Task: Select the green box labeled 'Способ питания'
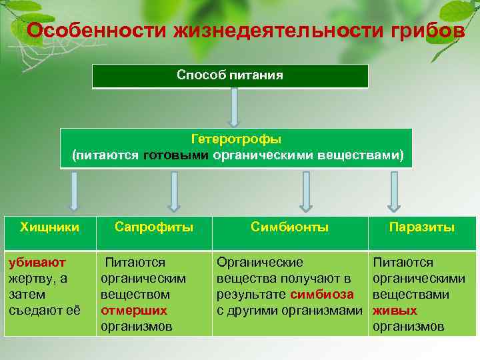pos(230,76)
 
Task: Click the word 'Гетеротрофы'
pos(236,139)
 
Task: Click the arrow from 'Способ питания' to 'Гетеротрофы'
pos(234,107)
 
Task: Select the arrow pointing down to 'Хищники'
pos(74,191)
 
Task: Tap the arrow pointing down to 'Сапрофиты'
pos(174,191)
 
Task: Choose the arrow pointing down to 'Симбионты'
pos(307,191)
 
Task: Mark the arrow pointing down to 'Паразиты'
pos(394,191)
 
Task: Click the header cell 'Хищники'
pos(49,227)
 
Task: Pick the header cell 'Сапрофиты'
pos(154,227)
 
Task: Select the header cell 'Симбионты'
pos(289,227)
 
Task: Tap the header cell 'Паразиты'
pos(422,227)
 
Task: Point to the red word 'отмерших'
pos(134,311)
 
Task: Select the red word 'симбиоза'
pos(322,295)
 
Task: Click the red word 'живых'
pos(395,311)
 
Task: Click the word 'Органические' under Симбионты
pos(259,263)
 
